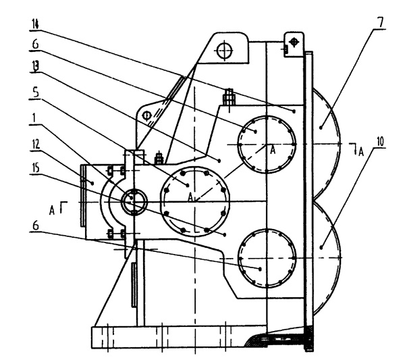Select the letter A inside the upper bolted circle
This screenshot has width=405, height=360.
click(273, 151)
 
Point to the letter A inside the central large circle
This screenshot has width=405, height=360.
click(191, 196)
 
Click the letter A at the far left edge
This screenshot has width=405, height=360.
click(51, 209)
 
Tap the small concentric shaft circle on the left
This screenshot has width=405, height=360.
click(134, 200)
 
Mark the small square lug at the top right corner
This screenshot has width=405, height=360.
click(290, 45)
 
